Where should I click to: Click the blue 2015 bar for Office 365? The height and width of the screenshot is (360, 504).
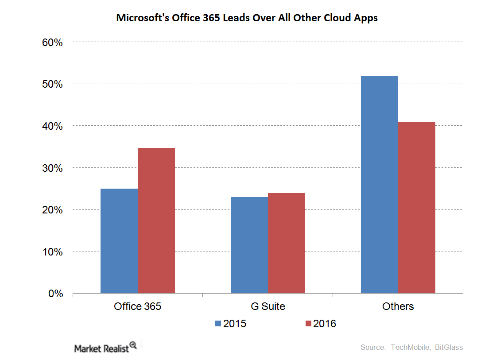pyautogui.click(x=119, y=241)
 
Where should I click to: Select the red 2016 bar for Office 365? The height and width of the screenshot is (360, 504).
pyautogui.click(x=156, y=221)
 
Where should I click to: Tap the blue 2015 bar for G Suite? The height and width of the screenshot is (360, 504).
pyautogui.click(x=249, y=245)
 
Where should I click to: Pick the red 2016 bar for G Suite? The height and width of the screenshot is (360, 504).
pyautogui.click(x=287, y=243)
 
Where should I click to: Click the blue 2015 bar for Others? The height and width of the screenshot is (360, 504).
pyautogui.click(x=380, y=184)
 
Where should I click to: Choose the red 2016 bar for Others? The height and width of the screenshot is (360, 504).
pyautogui.click(x=417, y=207)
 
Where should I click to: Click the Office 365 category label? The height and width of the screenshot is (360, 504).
pyautogui.click(x=137, y=306)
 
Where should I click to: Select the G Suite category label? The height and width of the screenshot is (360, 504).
pyautogui.click(x=268, y=306)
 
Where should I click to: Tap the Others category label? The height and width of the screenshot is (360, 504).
pyautogui.click(x=398, y=306)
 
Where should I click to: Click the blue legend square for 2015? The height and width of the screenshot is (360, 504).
pyautogui.click(x=218, y=324)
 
